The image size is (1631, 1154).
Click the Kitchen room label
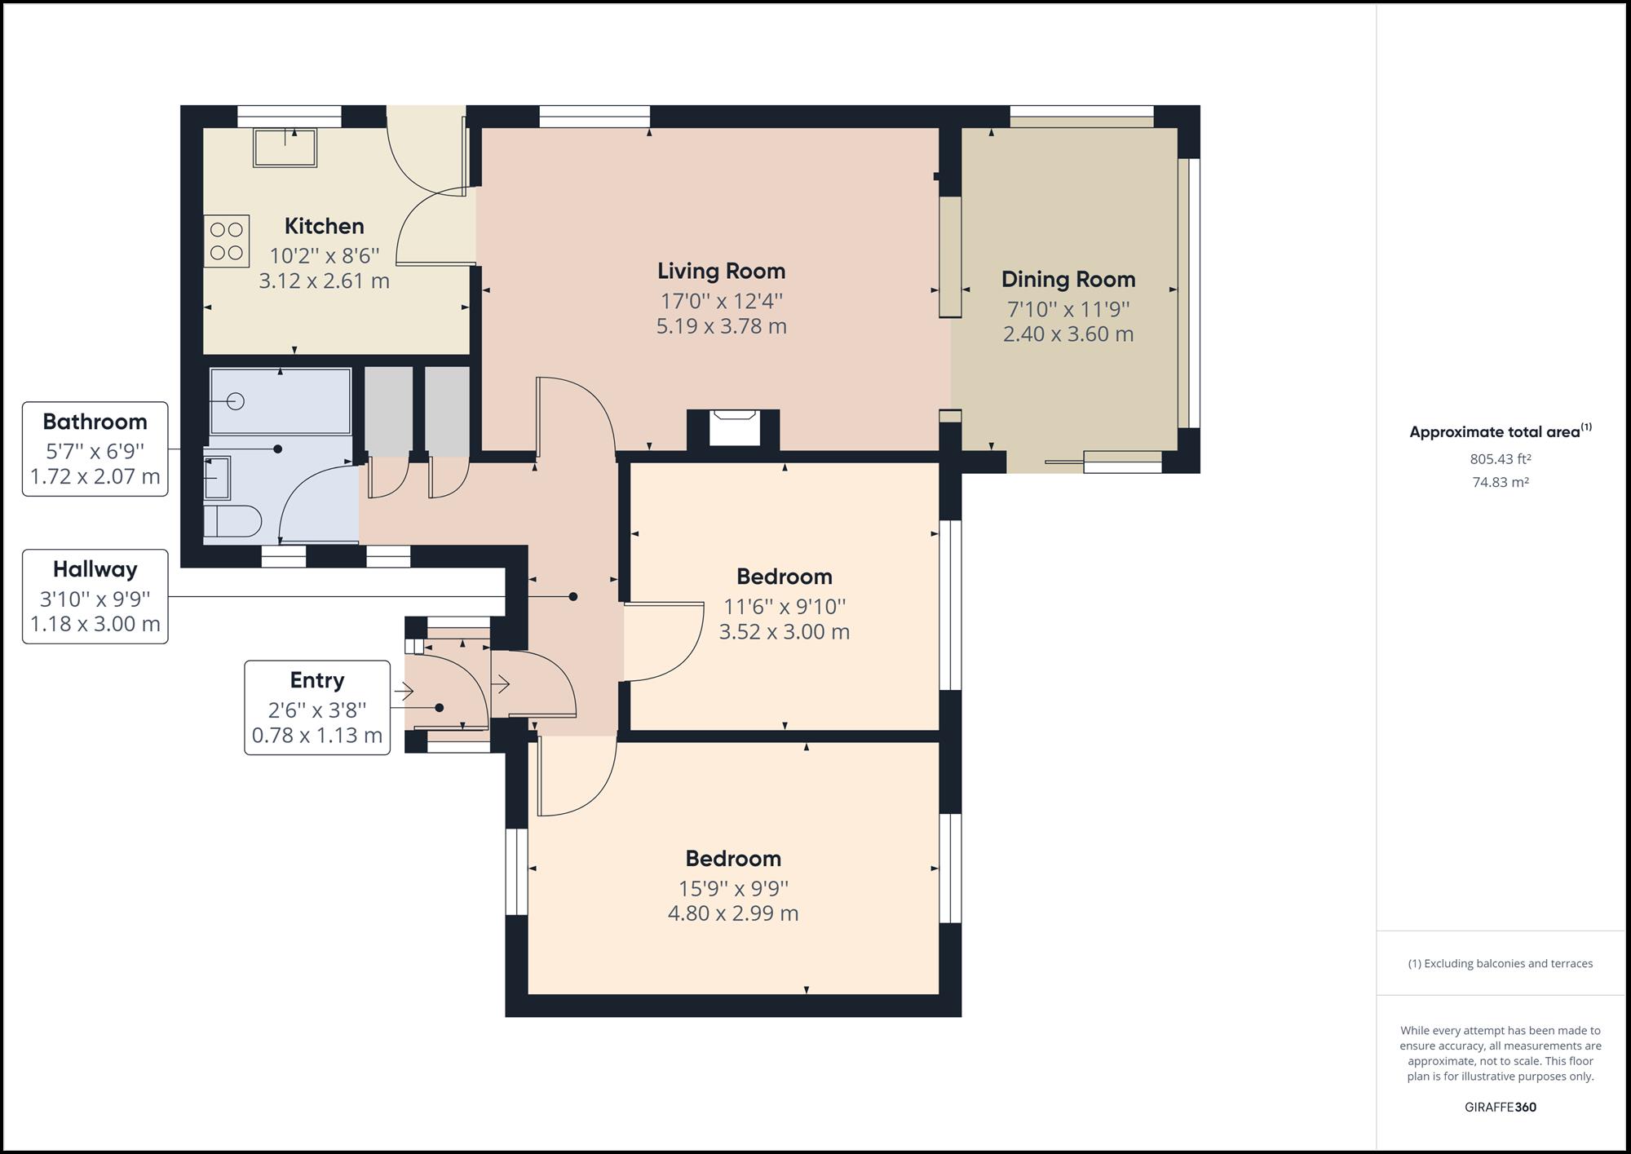(324, 226)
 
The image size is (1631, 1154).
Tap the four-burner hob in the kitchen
(227, 241)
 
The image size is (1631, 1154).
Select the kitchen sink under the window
(285, 148)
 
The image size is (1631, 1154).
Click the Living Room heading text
(721, 271)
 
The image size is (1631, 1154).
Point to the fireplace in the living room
(734, 428)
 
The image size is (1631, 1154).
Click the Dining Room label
(1067, 279)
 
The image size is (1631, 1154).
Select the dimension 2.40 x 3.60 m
(1067, 334)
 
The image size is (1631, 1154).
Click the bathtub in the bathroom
(281, 401)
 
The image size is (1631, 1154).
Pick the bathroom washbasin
(216, 477)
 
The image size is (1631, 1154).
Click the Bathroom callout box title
(95, 422)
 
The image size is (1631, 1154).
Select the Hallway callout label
(95, 569)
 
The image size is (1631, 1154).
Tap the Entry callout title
(316, 680)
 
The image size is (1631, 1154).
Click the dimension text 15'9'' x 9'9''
(733, 888)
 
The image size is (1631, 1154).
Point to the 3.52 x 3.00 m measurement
(784, 632)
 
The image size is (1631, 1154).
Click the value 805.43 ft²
(1500, 459)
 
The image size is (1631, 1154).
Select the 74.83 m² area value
(1500, 482)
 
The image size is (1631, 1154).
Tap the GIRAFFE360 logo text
(1500, 1107)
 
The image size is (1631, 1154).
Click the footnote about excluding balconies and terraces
(1500, 963)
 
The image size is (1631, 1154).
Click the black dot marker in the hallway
(573, 597)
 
